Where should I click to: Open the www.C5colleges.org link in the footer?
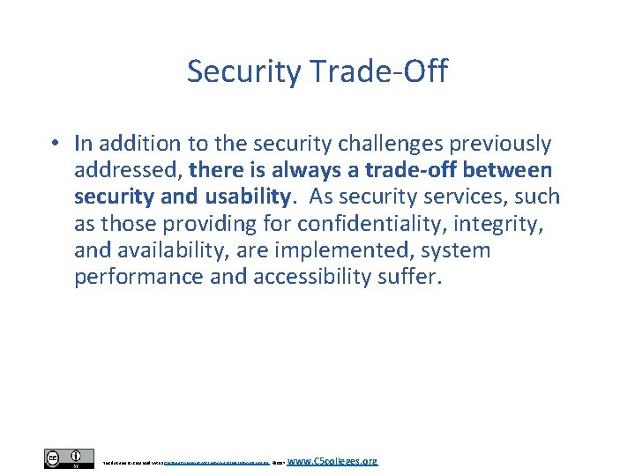[332, 460]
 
